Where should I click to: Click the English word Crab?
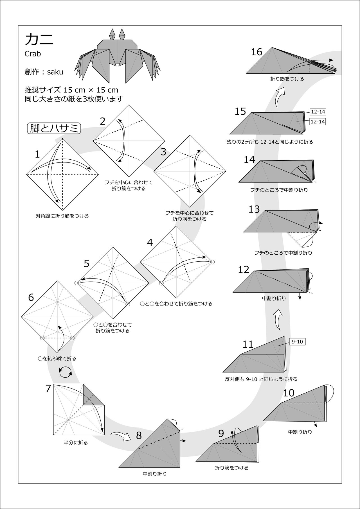click(x=33, y=54)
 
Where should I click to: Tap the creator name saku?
click(x=55, y=72)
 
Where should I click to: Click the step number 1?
click(x=37, y=154)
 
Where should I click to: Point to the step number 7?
click(x=48, y=389)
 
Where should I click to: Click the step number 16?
click(x=256, y=52)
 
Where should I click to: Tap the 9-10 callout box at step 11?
click(x=297, y=342)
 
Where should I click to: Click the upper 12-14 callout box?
click(x=318, y=112)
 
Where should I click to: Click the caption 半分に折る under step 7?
click(x=76, y=443)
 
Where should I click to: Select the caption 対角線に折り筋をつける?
click(x=62, y=216)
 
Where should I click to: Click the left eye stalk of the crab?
click(x=112, y=34)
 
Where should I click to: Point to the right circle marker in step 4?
click(x=212, y=262)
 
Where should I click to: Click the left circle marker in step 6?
click(x=42, y=338)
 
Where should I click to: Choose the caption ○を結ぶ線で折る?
click(x=57, y=359)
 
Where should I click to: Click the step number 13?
click(x=254, y=209)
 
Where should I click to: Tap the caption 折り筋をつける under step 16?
click(x=287, y=79)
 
